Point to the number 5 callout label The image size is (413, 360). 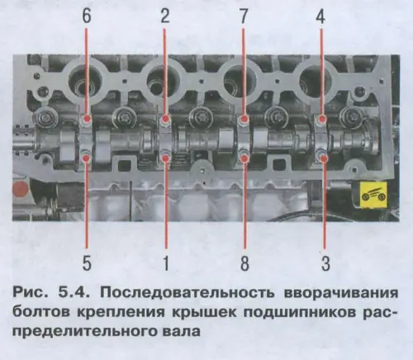click(88, 263)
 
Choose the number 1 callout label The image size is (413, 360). click(165, 263)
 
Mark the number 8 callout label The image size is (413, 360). click(244, 263)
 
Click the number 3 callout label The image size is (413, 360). click(322, 263)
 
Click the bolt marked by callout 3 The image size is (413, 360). click(322, 155)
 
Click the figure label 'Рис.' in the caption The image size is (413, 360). click(36, 295)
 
